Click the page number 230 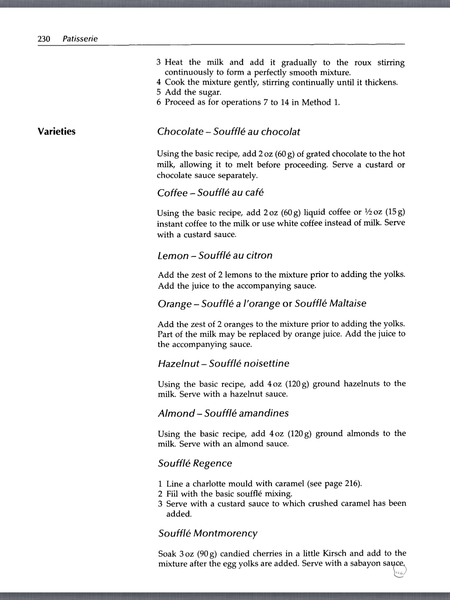point(44,39)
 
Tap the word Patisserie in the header point(80,39)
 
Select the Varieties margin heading point(57,132)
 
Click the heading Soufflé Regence point(195,463)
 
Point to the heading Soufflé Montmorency point(208,533)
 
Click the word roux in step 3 point(363,62)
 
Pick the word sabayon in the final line point(362,563)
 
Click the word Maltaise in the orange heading point(348,303)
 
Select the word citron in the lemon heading point(259,255)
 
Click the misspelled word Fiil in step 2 point(172,494)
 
